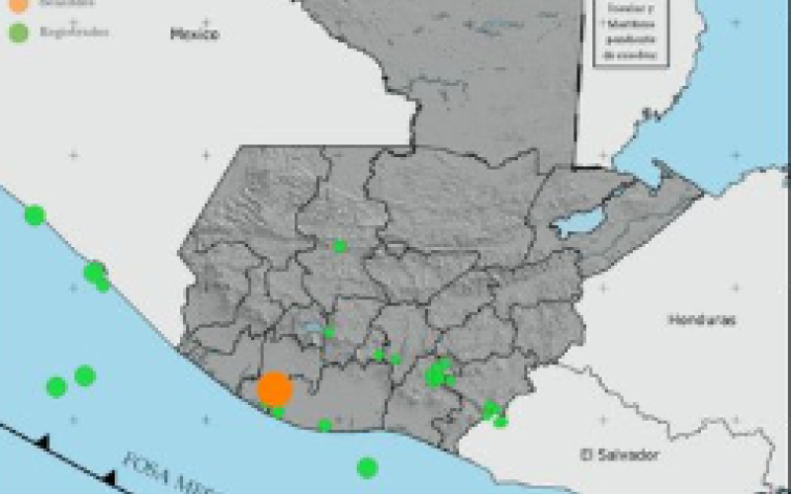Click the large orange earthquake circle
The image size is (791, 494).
point(274,389)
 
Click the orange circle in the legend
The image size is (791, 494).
point(19,6)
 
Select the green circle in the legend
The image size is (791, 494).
point(19,33)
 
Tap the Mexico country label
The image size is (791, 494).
point(194,35)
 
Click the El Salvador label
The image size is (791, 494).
point(619,455)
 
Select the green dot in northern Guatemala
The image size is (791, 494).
point(340,246)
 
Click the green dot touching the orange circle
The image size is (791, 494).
point(279,412)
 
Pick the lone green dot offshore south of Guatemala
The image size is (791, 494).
point(368,467)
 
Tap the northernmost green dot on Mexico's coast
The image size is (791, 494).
point(35,214)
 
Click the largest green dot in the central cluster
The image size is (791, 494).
point(434,375)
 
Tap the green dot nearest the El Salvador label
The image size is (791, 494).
point(501,422)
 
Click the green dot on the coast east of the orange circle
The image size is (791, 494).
point(325,426)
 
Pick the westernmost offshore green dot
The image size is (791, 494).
point(56,386)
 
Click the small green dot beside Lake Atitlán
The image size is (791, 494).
point(329,332)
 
